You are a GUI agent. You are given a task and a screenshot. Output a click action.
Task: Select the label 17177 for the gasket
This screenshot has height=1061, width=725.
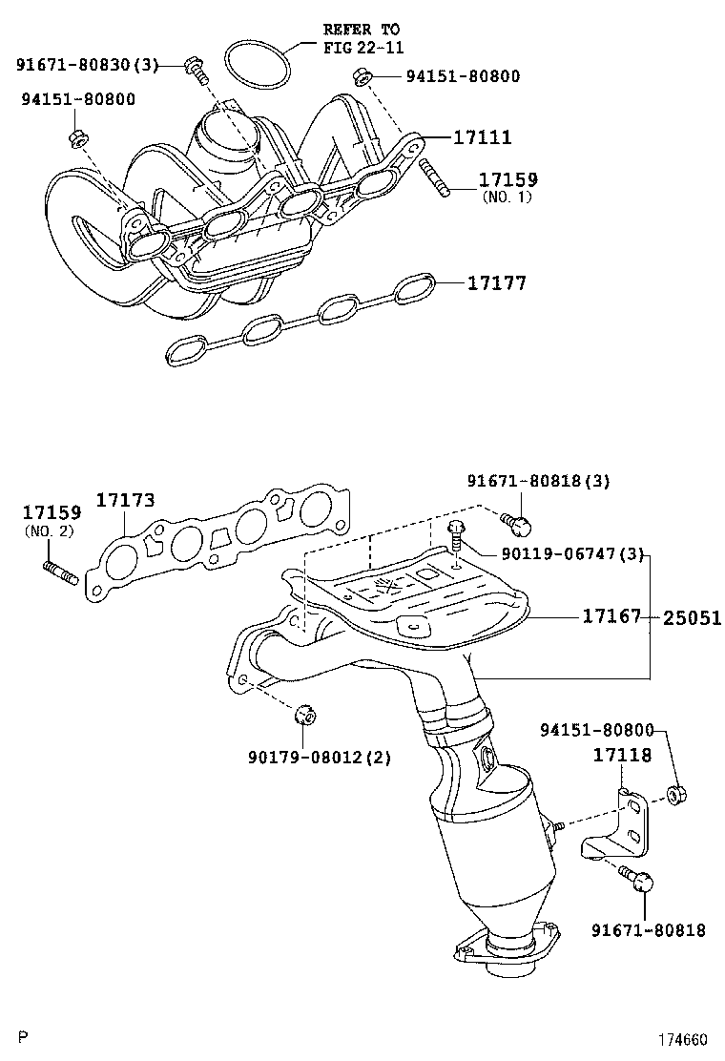coord(496,283)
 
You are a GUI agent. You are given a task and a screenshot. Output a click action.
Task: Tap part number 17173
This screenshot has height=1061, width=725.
coord(125,501)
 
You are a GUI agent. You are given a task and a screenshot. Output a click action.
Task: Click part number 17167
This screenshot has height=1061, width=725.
coord(611,618)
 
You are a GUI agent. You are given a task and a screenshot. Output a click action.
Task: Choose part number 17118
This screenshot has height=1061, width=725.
coord(622,756)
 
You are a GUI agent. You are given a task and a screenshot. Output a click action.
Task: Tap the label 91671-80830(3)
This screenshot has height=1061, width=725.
coord(87,65)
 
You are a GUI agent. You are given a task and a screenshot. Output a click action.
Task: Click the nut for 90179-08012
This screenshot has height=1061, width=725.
coord(305,716)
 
